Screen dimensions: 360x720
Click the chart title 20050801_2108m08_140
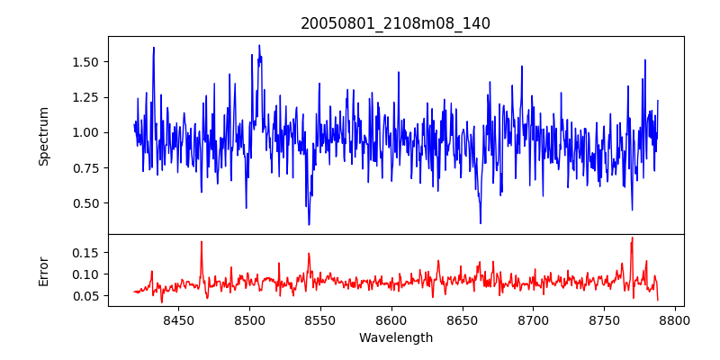tap(395, 23)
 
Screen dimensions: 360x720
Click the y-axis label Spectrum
tap(44, 136)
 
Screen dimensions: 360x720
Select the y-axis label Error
tap(44, 270)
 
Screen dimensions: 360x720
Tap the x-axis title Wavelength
tap(395, 338)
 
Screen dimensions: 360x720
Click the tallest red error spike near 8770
tap(632, 238)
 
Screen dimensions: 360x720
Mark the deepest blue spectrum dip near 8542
tap(309, 223)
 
